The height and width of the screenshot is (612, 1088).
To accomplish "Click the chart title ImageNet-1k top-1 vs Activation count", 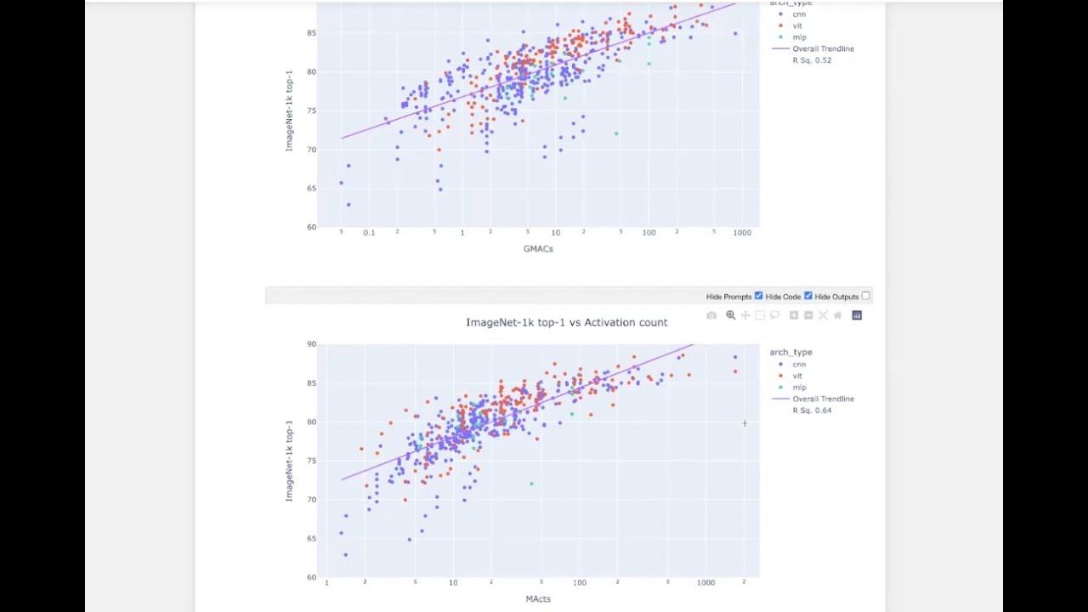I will coord(566,322).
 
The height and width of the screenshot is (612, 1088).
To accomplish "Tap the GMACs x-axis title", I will coord(538,248).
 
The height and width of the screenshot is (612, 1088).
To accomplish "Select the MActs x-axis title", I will coord(538,598).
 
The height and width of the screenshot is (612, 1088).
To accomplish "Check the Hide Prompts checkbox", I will coord(758,296).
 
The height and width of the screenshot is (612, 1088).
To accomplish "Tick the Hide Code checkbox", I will coord(807,296).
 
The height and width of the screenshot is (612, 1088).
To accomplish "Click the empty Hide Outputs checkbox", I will coord(865,296).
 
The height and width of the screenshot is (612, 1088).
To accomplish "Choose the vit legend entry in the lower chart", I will coord(797,376).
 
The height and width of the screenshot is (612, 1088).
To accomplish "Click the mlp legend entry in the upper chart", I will coord(799,37).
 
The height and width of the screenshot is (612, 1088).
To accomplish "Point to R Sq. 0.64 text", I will coord(812,411).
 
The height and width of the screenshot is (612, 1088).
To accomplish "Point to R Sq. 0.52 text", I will coord(812,60).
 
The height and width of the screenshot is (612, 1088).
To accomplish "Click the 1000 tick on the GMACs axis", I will coord(742,232).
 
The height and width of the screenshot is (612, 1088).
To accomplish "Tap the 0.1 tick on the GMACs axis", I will coord(369,232).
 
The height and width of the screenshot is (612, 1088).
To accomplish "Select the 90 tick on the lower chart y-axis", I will coord(312,344).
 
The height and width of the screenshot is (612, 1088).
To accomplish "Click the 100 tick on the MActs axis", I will coord(579,582).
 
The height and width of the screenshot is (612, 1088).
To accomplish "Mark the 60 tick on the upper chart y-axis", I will coord(312,227).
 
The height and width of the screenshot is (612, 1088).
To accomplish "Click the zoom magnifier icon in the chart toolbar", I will coord(730,315).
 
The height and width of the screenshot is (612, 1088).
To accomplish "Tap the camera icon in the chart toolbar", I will coord(711,315).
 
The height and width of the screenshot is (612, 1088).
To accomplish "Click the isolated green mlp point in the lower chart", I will coord(532,484).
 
